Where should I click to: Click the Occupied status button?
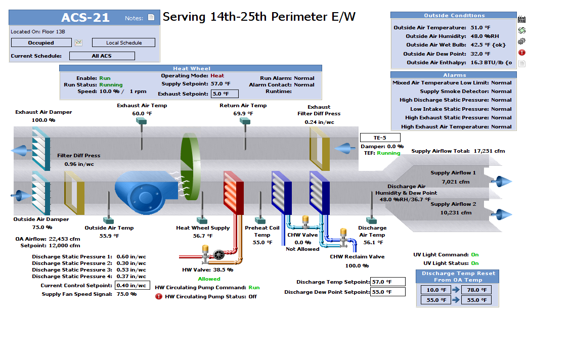pos(41,43)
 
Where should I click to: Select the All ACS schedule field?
pos(102,56)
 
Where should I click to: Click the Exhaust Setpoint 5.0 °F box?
pos(225,94)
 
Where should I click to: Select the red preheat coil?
pos(234,192)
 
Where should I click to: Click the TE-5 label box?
pos(380,138)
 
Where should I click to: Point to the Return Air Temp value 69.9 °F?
pos(243,114)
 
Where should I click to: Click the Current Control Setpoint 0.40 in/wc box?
pos(133,285)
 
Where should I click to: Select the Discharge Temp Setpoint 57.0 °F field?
pos(387,282)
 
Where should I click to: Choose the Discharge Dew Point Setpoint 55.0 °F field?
pos(387,292)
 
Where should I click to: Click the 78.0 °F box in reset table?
pos(476,290)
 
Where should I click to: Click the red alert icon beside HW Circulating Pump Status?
pos(159,296)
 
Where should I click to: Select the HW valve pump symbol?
pos(218,255)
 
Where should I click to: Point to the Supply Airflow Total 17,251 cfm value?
pos(489,151)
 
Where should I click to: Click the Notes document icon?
pos(151,18)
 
